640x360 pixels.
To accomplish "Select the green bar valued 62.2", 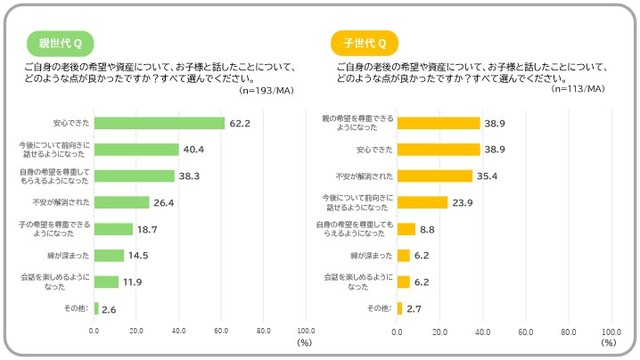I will click(x=159, y=124).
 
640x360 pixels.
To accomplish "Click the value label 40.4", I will click(x=194, y=150).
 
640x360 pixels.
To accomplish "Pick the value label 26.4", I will click(x=164, y=203).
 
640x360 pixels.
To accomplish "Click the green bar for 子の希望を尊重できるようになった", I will click(x=114, y=229).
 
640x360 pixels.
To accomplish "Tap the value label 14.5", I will click(x=139, y=256).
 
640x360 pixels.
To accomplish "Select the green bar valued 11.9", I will click(x=107, y=282).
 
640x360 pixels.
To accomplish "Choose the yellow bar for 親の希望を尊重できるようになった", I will click(x=438, y=124).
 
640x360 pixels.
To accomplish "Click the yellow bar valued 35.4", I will click(x=434, y=176).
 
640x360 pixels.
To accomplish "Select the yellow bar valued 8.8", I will click(x=406, y=229).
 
